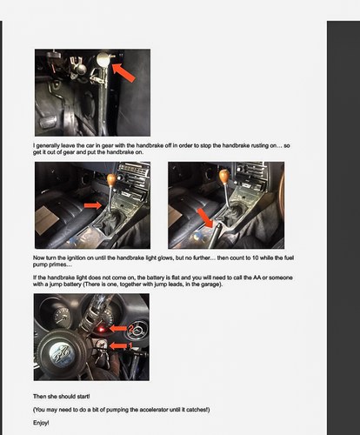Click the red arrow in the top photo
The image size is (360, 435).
(x=123, y=73)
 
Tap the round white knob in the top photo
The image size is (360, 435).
(x=103, y=59)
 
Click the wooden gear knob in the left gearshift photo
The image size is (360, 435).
(x=111, y=180)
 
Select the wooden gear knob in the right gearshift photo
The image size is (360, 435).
(x=224, y=177)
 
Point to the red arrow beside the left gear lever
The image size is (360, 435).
(x=93, y=205)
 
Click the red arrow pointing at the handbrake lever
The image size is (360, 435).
(x=205, y=217)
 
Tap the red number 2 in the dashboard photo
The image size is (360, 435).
(x=130, y=329)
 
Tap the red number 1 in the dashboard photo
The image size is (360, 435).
(x=130, y=345)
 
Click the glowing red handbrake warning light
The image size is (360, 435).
(x=101, y=329)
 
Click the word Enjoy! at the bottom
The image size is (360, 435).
(x=41, y=423)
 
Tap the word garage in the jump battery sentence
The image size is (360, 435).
(x=211, y=284)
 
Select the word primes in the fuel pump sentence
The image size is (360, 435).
(x=57, y=264)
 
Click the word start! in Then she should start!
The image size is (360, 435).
(x=83, y=396)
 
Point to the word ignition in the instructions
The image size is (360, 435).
(x=77, y=258)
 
